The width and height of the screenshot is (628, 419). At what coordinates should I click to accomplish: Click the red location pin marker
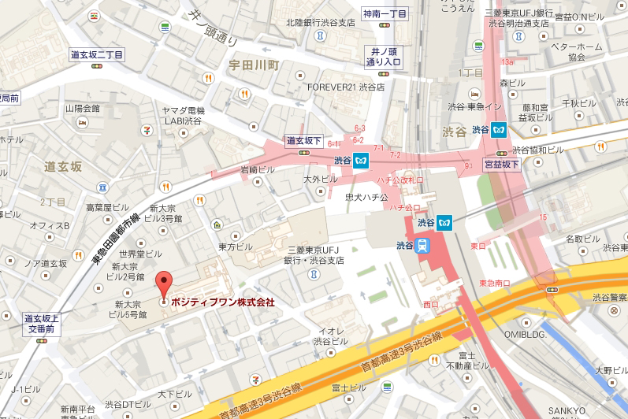point(164,284)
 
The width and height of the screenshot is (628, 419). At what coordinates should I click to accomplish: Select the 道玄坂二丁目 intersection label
point(96,55)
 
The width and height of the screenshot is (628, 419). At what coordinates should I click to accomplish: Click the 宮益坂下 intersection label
point(501,164)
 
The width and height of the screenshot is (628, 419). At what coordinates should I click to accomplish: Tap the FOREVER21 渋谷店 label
point(346,87)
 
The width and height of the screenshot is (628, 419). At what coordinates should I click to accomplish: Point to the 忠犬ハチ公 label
point(366,197)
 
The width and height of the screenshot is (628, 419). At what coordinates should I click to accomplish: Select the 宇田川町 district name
point(254,62)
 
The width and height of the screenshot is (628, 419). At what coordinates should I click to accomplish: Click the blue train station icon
point(423,244)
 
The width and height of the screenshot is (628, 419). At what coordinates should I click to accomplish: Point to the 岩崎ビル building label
point(257,169)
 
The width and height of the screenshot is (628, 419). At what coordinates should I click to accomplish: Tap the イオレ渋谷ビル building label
point(326,336)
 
